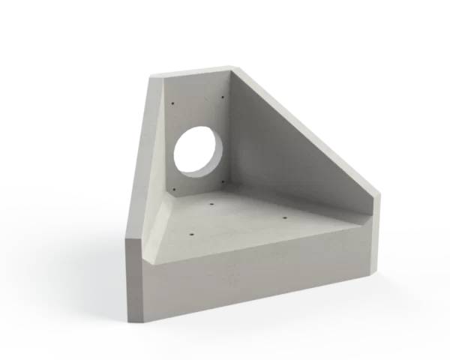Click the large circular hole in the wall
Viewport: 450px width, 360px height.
(x=199, y=151)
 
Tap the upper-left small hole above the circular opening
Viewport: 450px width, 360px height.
(x=172, y=103)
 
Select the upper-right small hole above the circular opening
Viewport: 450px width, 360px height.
(x=223, y=95)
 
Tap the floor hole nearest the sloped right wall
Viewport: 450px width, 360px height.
(x=285, y=217)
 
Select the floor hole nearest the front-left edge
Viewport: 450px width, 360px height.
(x=190, y=234)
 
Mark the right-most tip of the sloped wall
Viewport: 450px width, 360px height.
(x=379, y=196)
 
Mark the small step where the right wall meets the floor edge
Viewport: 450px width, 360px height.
(x=367, y=217)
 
